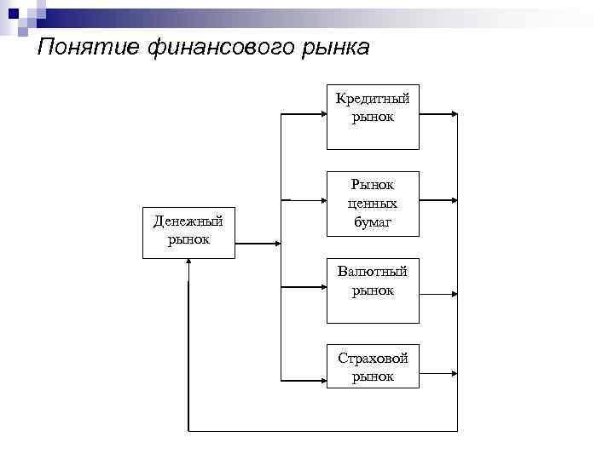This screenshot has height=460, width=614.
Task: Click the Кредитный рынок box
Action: [x=373, y=117]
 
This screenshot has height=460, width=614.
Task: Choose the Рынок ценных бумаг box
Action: [x=373, y=203]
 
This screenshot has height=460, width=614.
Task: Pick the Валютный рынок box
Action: [x=373, y=290]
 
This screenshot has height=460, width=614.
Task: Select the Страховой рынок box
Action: [x=373, y=365]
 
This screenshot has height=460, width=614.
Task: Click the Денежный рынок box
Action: [x=188, y=231]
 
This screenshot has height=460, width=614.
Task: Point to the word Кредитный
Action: [x=373, y=99]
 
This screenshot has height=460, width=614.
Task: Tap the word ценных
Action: [x=373, y=204]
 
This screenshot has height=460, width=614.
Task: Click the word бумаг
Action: [x=373, y=221]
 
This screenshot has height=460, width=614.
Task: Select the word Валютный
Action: [x=373, y=272]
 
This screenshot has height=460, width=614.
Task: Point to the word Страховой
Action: [x=373, y=358]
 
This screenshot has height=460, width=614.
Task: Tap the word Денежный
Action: [x=188, y=221]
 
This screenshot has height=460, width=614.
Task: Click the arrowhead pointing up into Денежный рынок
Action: [x=188, y=262]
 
